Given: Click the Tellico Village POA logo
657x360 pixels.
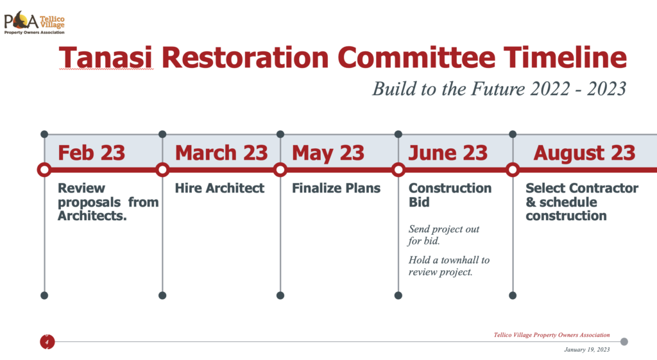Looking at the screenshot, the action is point(35,23).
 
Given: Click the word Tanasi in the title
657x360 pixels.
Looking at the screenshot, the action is point(107,57).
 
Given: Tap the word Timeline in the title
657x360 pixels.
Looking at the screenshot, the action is point(565,57).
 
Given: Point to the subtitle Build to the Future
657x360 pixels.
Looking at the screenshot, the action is point(499,89).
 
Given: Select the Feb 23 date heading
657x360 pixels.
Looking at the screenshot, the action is point(91,153).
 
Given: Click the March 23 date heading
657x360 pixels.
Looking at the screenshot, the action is point(221,153).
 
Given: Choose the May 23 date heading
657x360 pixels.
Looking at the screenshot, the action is point(328,153).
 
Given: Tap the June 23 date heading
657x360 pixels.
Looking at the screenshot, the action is point(448,153).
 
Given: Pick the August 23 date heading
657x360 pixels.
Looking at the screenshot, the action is point(584,153).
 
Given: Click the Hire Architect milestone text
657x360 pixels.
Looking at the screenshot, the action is point(219,188).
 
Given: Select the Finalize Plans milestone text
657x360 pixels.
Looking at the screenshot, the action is point(336,188).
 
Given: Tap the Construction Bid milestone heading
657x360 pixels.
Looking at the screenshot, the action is point(450,195).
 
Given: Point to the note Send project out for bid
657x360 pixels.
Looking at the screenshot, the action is point(444,235).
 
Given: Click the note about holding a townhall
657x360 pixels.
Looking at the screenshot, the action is point(448,266).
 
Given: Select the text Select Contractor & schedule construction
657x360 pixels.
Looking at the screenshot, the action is point(582,201).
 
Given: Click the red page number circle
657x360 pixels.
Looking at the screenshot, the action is point(47,341).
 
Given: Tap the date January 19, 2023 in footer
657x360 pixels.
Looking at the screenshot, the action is point(586,350).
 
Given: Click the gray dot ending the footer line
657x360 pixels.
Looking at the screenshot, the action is point(624,341).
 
